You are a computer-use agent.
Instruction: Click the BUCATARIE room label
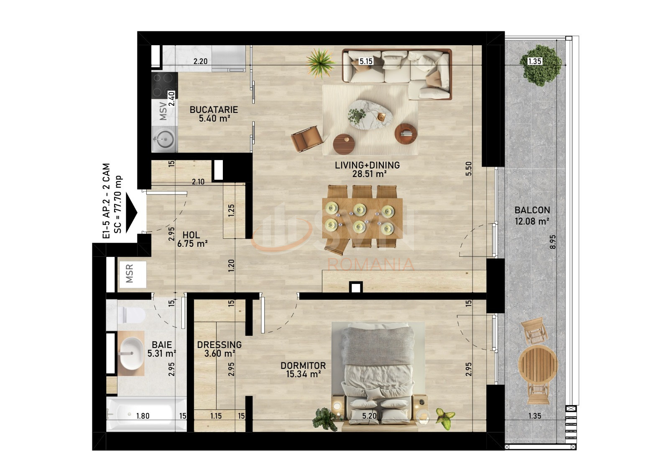214,110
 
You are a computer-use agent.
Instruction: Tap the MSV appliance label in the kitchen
163,111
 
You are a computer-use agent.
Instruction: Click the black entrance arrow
131,213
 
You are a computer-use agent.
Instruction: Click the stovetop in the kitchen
164,85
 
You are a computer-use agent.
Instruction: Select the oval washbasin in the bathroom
131,353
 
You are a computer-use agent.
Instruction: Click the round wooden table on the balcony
538,365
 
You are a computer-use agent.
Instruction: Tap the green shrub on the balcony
541,65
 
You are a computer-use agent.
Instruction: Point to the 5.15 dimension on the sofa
366,61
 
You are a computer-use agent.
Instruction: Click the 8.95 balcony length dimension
553,242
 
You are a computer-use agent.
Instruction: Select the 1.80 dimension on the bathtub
143,416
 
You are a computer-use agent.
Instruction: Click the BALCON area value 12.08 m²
532,221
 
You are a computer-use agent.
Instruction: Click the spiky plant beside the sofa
320,63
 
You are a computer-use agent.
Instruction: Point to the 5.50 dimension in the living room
469,169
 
